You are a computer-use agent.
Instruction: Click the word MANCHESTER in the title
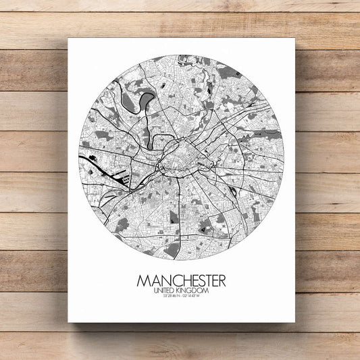(181, 280)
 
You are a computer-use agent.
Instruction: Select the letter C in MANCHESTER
(170, 280)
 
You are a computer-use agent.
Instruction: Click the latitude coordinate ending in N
(168, 297)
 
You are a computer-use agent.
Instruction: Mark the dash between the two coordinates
(180, 297)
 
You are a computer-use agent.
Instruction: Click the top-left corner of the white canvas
(68, 38)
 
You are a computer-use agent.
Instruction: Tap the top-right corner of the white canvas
(294, 38)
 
